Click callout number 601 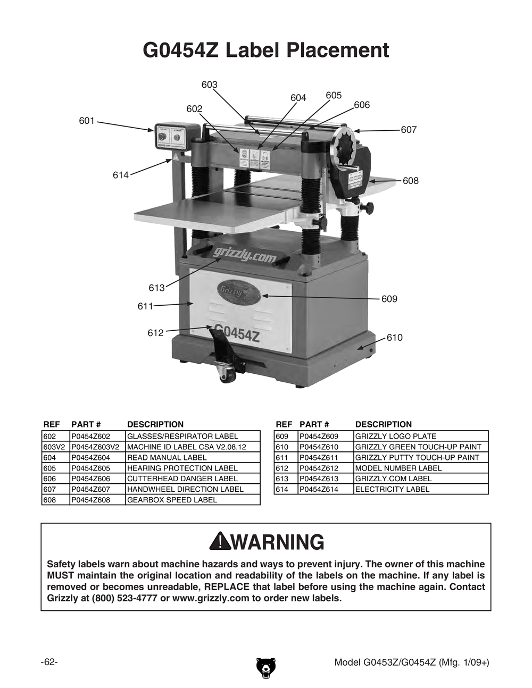pos(86,121)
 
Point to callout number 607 pos(409,130)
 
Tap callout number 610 pos(394,338)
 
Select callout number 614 pos(121,175)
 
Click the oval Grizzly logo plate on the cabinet pos(237,291)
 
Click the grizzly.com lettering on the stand pos(244,257)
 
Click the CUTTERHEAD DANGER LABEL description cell pos(182,479)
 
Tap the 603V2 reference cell pos(55,447)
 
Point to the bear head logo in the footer pos(265,668)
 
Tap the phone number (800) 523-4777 pos(123,598)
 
